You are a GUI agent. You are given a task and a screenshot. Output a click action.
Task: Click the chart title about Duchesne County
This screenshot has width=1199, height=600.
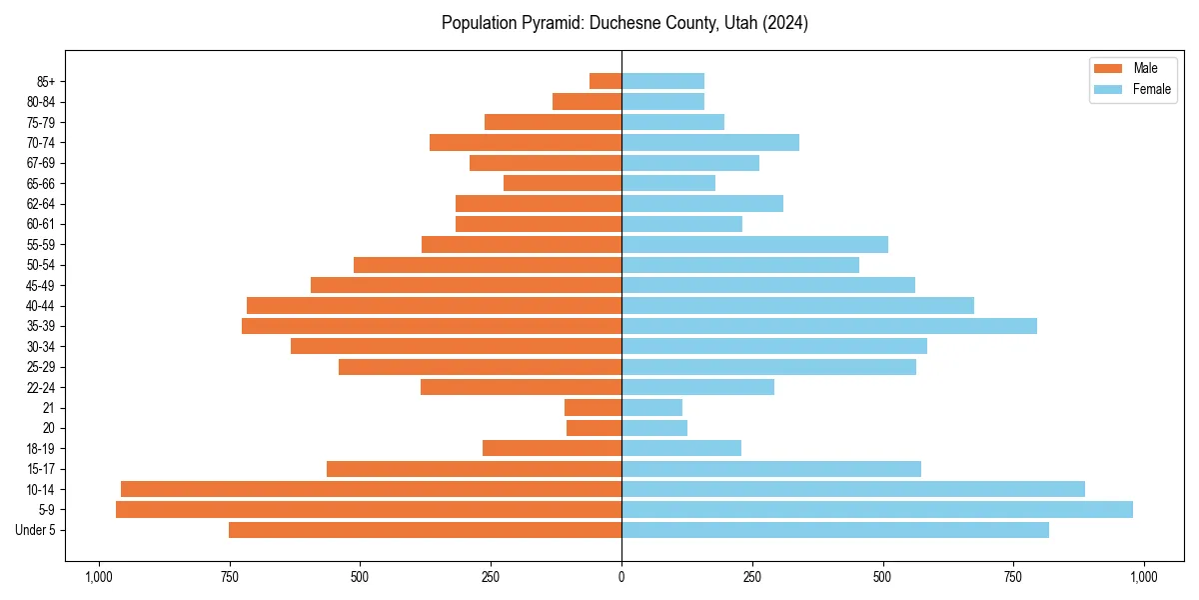pos(624,23)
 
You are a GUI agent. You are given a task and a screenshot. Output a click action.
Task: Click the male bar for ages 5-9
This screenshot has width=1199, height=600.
pos(369,510)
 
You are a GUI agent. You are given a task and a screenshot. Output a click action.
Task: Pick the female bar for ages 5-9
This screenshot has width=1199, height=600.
pos(877,510)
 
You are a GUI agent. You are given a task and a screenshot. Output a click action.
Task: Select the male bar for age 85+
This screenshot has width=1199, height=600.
pos(605,81)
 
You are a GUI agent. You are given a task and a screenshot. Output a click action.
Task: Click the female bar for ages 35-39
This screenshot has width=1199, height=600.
pos(829,326)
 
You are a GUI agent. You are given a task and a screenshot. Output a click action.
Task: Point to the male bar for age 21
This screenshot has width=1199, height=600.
pos(593,408)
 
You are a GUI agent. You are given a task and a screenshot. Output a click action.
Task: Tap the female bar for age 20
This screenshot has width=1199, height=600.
pos(654,428)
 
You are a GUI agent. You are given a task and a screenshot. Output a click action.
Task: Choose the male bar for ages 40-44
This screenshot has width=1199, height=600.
pos(434,305)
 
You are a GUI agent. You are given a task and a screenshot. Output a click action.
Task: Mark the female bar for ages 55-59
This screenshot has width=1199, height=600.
pos(754,244)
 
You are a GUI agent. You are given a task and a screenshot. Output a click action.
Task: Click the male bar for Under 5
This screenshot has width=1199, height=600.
pos(425,530)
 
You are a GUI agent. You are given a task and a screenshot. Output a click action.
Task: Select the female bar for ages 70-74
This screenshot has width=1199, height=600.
pos(710,142)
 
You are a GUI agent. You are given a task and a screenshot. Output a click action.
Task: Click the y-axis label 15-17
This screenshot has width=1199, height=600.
pos(40,469)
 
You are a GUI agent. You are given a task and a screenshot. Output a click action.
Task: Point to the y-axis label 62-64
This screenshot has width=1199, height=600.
pos(40,204)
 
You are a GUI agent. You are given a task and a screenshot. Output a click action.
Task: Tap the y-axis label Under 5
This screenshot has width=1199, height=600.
pos(36,530)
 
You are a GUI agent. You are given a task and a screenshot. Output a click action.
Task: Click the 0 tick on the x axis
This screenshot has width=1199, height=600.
pos(621,577)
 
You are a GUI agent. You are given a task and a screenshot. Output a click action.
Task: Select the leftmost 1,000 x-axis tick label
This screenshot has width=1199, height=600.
pos(98,577)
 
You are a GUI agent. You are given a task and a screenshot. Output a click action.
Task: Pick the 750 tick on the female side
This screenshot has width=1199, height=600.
pos(1013,577)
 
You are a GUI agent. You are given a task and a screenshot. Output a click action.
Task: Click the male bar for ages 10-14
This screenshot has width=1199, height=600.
pos(371,489)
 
